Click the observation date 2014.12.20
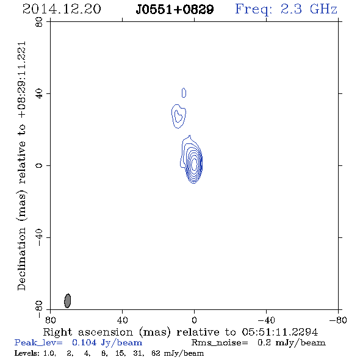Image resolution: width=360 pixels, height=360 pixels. (x=62, y=9)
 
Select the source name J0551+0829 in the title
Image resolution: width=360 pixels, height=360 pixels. (x=175, y=10)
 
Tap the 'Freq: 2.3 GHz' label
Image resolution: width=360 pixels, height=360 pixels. (x=286, y=10)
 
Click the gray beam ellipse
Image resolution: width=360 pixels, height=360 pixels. (x=68, y=301)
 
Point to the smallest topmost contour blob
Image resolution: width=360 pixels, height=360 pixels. (x=184, y=93)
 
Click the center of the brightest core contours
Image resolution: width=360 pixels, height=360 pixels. (x=194, y=164)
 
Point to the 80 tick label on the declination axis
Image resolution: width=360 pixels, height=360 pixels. (x=39, y=22)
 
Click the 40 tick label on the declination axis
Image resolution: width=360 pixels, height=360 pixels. (x=39, y=94)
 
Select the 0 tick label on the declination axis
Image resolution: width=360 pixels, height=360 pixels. (x=39, y=165)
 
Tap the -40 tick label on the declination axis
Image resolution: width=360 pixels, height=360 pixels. (x=39, y=237)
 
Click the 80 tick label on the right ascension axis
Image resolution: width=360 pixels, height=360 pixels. (x=50, y=320)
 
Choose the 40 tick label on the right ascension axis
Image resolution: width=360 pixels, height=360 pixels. (x=122, y=320)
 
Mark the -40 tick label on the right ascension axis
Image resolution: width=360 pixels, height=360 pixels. (x=266, y=320)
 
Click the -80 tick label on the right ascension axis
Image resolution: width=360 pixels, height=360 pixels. (x=338, y=320)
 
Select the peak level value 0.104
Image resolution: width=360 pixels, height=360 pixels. (x=84, y=342)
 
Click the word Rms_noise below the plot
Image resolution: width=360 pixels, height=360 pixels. (x=220, y=343)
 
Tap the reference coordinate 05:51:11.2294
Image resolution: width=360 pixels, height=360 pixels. (x=280, y=332)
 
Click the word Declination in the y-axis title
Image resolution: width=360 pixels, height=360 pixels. (x=21, y=259)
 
